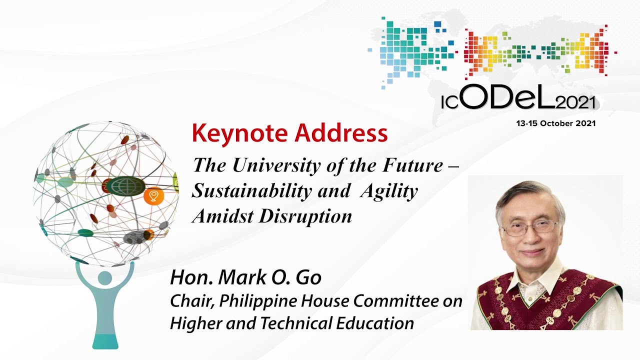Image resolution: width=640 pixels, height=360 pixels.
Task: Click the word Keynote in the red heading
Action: tap(239, 134)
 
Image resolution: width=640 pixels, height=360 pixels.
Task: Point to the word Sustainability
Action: tap(251, 191)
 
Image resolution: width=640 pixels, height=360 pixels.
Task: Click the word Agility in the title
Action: tap(389, 191)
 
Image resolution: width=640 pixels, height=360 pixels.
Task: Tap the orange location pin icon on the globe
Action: tap(153, 196)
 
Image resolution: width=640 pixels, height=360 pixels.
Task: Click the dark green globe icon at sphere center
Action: tap(126, 186)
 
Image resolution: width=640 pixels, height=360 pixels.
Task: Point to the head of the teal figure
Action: tap(105, 278)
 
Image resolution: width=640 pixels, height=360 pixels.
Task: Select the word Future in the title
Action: tap(413, 166)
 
